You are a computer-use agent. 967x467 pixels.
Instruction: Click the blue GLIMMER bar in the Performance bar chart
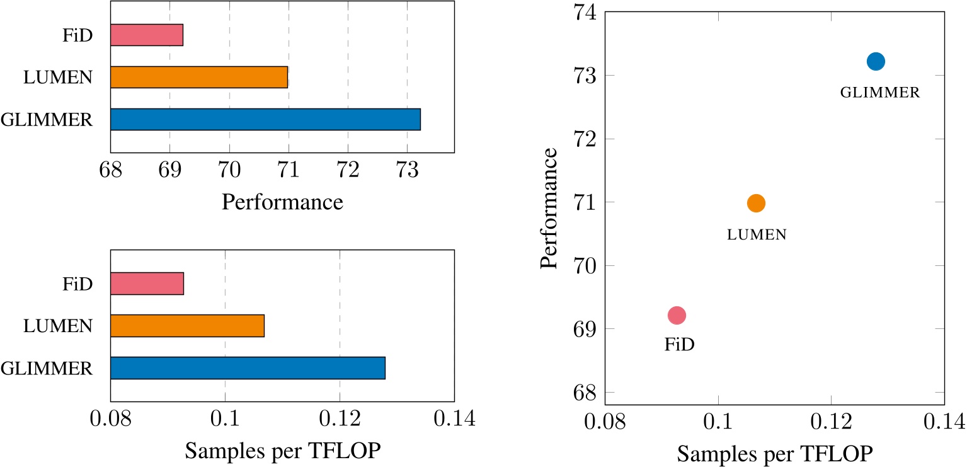click(x=265, y=119)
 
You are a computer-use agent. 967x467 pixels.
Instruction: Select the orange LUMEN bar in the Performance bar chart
click(x=199, y=77)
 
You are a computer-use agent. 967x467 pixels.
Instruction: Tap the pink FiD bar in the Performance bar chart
click(x=147, y=35)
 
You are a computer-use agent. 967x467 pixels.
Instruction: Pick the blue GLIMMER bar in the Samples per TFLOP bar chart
click(x=248, y=368)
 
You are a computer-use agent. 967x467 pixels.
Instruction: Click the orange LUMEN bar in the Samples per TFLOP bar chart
click(x=187, y=326)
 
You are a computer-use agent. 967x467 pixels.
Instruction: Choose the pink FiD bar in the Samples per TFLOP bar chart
click(x=147, y=284)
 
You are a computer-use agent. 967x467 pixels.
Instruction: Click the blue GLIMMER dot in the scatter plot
click(x=876, y=61)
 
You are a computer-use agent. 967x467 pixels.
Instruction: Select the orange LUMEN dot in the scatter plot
click(x=755, y=203)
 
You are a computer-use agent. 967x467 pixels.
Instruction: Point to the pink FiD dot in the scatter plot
click(x=677, y=315)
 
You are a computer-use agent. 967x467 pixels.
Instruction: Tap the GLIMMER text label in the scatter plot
click(x=880, y=93)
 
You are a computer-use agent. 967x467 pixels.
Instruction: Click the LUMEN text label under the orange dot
click(x=757, y=235)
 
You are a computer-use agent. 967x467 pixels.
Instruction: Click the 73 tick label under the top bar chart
click(x=406, y=171)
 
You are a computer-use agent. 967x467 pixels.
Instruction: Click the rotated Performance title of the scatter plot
click(x=549, y=209)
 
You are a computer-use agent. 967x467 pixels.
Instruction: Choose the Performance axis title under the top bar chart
click(x=282, y=202)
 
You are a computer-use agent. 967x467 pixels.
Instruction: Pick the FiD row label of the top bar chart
click(x=78, y=35)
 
